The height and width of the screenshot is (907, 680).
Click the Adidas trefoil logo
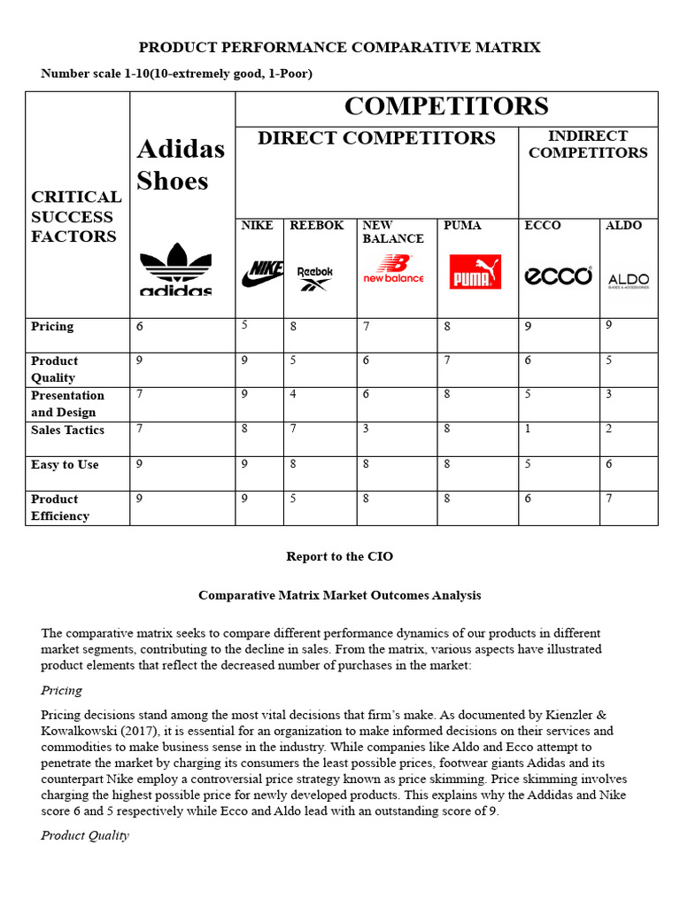click(x=175, y=269)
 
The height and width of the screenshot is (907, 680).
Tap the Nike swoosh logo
click(x=262, y=274)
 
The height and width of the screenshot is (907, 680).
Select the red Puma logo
click(x=475, y=273)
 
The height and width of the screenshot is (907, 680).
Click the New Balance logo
click(x=393, y=269)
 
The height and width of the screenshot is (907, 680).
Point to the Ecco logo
click(x=558, y=275)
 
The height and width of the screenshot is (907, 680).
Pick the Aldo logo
click(x=629, y=281)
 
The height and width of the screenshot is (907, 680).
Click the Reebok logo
click(x=315, y=278)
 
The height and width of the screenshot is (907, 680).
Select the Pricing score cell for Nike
click(x=244, y=325)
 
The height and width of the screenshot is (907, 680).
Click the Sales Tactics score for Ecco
click(x=528, y=430)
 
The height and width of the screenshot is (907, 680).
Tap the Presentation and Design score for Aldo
click(x=608, y=394)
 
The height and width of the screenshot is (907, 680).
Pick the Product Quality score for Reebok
click(x=293, y=360)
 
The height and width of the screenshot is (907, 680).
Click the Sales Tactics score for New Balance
click(x=366, y=430)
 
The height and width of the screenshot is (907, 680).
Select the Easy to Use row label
click(x=65, y=465)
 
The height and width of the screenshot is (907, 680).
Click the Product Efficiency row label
click(x=59, y=508)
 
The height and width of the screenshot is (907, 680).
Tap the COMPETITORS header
click(x=446, y=107)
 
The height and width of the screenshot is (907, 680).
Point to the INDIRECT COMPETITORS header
click(x=587, y=144)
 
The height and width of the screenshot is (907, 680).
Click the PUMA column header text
click(x=462, y=226)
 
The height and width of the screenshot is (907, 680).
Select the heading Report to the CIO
click(x=339, y=557)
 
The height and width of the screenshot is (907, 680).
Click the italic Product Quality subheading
click(x=85, y=835)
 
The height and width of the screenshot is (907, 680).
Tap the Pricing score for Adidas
click(x=140, y=327)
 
